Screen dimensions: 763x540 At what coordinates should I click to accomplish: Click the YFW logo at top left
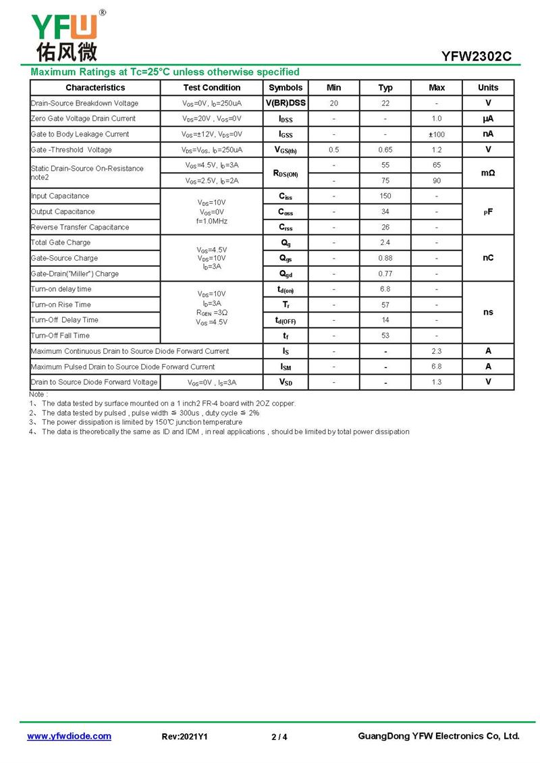coord(65,35)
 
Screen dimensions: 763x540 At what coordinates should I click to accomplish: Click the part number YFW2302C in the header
coord(476,57)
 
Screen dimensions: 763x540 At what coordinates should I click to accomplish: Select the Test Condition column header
coord(211,88)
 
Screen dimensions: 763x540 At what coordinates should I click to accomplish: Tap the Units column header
coord(487,88)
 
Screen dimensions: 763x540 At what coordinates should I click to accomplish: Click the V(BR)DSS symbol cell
coord(286,103)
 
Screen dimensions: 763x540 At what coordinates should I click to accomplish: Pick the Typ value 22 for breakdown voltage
coord(385,103)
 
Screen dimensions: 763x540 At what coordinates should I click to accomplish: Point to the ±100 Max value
coord(437,134)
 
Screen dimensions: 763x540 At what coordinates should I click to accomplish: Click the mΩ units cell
coord(487,173)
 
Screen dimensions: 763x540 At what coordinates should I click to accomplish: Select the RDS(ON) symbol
coord(286,174)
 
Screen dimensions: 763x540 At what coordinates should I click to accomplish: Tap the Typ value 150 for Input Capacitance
coord(385,196)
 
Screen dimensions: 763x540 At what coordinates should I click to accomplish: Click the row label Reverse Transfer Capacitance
coord(80,228)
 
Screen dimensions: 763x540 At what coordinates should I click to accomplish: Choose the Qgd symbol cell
coord(286,274)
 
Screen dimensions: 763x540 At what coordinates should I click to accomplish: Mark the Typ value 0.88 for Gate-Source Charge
coord(385,259)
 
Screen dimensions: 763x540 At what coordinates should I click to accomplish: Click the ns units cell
coord(487,313)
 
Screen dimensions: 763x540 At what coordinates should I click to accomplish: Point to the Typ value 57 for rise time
coord(385,305)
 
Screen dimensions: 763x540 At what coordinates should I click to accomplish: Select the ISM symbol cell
coord(286,367)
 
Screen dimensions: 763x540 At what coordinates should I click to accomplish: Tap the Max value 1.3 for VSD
coord(437,383)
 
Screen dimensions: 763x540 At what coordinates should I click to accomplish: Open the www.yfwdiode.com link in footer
coord(69,737)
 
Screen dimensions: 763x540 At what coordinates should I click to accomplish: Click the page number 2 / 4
coord(279,737)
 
